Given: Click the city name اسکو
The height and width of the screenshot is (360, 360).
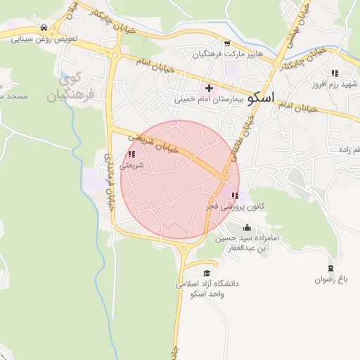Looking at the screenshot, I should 261,97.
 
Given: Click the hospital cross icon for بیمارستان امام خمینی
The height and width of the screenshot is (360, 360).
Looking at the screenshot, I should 209,88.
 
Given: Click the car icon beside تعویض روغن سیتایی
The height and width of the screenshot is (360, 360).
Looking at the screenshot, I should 44,27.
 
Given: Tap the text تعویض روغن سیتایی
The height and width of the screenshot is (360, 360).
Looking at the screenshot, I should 44,39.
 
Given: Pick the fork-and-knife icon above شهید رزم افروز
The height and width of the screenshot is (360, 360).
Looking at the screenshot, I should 335,72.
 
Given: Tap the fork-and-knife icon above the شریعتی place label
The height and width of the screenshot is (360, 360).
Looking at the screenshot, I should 131,154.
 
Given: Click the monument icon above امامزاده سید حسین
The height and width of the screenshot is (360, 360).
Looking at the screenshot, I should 246,227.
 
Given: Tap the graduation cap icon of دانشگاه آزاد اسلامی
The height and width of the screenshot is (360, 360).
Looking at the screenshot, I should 207,273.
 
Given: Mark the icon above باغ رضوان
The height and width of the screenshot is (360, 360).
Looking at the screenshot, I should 331,268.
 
